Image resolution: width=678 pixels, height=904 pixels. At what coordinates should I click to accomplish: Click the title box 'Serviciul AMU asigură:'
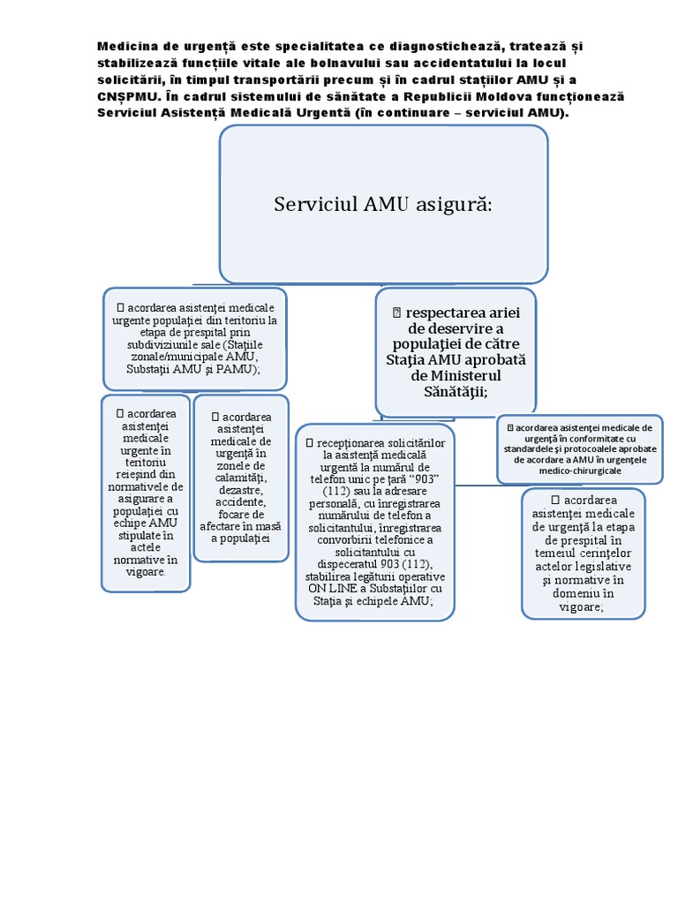pyautogui.click(x=383, y=204)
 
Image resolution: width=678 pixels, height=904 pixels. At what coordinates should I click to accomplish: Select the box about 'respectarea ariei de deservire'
pyautogui.click(x=456, y=351)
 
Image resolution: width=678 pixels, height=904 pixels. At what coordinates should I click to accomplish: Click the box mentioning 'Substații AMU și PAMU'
pyautogui.click(x=194, y=338)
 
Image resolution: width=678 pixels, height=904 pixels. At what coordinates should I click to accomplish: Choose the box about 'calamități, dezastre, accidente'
pyautogui.click(x=240, y=478)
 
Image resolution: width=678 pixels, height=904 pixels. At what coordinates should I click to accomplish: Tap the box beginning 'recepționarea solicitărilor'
pyautogui.click(x=375, y=521)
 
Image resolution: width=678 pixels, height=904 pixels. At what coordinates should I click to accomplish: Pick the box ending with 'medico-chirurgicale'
pyautogui.click(x=579, y=449)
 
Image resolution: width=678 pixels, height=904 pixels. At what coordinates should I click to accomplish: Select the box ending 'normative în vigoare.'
pyautogui.click(x=146, y=492)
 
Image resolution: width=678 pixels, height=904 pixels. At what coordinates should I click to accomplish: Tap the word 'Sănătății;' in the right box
pyautogui.click(x=456, y=391)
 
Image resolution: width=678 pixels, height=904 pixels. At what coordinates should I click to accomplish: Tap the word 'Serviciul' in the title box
pyautogui.click(x=314, y=205)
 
